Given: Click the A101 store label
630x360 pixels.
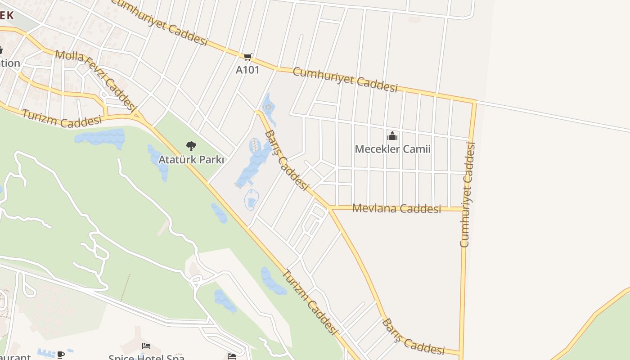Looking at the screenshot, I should tap(247, 70).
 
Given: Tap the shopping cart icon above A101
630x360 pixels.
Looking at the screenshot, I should tap(248, 57).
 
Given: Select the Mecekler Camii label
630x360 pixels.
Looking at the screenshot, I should tap(392, 149).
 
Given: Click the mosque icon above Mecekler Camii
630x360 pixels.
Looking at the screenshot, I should tap(392, 136).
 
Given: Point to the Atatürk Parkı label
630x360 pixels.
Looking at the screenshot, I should tap(191, 160).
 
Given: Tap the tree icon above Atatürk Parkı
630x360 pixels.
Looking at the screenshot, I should tap(191, 146).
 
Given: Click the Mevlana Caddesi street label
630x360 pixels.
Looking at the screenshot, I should tap(396, 208).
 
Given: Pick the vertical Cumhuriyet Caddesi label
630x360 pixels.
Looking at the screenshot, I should tap(468, 194).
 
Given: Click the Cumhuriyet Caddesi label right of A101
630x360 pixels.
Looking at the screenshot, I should tap(345, 80).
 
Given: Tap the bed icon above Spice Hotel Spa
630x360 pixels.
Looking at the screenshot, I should tap(146, 346).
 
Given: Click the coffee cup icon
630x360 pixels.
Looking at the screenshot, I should tap(61, 355).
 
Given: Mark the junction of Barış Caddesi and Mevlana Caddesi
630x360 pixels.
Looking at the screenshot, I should tap(330, 208).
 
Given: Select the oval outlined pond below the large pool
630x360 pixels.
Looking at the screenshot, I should tap(251, 200).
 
